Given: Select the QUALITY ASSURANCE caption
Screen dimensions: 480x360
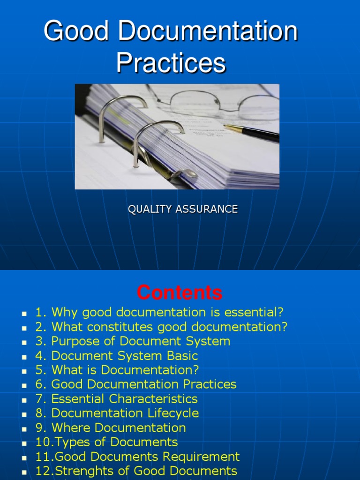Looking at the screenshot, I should click(x=183, y=210).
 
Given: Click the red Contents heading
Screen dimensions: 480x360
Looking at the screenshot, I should click(x=180, y=293).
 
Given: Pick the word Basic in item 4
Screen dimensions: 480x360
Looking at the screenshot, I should click(x=181, y=356).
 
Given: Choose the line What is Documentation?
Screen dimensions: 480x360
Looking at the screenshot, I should click(x=117, y=370).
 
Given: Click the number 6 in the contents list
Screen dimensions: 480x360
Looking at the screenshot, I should click(x=39, y=384).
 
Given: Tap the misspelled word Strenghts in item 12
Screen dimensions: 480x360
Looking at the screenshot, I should click(x=77, y=471).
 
